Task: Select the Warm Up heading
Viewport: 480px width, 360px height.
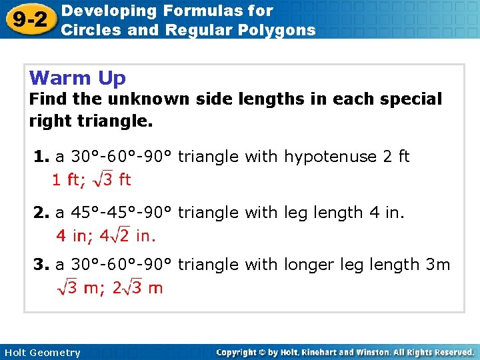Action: point(77,78)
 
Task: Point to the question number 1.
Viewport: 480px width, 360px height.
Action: point(41,157)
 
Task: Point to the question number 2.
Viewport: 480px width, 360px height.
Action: point(41,213)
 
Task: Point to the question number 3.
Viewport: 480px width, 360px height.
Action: point(41,265)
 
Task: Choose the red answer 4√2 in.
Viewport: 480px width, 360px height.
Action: point(127,235)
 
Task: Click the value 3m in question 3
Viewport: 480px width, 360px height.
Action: point(438,265)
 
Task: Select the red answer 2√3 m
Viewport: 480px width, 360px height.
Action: point(137,288)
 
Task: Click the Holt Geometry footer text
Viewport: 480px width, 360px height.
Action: point(42,353)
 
